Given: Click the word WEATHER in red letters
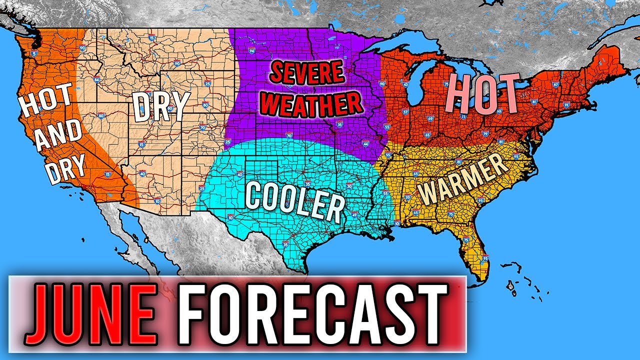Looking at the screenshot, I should pyautogui.click(x=312, y=103).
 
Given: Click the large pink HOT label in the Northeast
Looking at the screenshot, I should pyautogui.click(x=483, y=94).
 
